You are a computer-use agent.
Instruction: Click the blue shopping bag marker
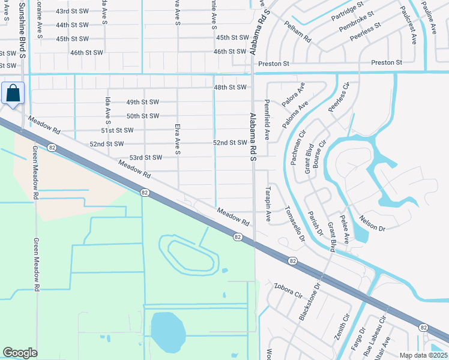[x=13, y=94]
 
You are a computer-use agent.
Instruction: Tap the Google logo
[x=20, y=353]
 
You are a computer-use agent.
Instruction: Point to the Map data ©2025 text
[x=422, y=355]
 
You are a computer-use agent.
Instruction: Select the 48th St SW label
[x=231, y=88]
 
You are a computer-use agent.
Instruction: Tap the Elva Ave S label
[x=178, y=140]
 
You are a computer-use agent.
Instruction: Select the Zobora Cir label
[x=287, y=290]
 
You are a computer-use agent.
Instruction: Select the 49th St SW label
[x=142, y=102]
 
